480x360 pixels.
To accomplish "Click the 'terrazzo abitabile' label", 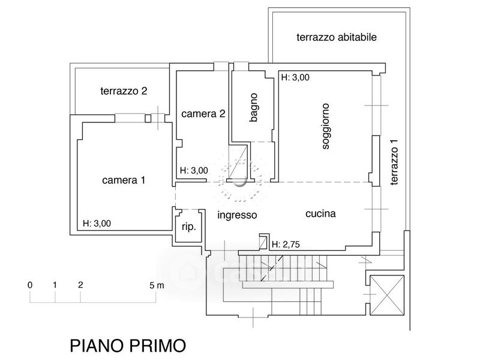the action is click(337, 37).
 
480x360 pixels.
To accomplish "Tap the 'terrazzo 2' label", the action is click(124, 91).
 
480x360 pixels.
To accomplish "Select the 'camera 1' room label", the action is click(124, 180).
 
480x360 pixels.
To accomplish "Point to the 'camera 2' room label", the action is click(203, 114).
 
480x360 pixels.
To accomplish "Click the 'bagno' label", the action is click(254, 107).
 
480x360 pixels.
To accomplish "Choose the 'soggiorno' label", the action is click(326, 126).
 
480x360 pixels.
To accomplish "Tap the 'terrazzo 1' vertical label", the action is click(394, 162).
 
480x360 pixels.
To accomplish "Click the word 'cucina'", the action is click(320, 214).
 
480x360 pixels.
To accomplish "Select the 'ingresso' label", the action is click(237, 215).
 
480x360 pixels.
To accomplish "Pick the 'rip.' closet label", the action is click(188, 227).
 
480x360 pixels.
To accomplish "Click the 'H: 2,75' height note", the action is click(286, 244).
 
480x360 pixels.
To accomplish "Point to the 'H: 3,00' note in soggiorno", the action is click(295, 77).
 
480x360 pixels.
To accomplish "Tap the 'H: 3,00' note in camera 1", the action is click(97, 223).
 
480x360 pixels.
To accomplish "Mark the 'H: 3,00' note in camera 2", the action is click(194, 170).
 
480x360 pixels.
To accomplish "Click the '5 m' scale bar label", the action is click(157, 286).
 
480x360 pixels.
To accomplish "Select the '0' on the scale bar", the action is click(29, 286).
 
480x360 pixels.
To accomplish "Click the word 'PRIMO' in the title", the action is click(158, 346).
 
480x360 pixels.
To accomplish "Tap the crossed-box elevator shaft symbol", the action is click(387, 295).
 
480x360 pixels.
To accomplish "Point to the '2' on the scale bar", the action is click(80, 285).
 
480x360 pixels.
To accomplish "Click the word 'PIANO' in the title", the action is click(97, 346).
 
